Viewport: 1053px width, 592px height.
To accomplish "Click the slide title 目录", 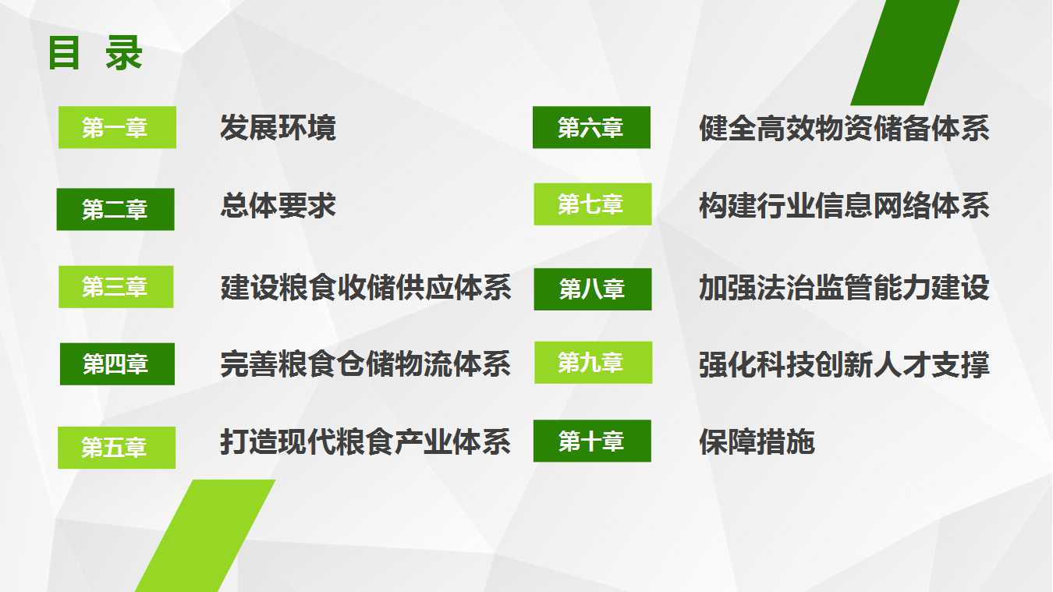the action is [x=95, y=53].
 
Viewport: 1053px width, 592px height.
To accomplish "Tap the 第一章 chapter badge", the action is [x=117, y=127].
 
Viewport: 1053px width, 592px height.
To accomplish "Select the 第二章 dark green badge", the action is [x=115, y=209].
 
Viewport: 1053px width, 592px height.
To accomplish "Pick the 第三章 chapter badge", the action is [x=115, y=287].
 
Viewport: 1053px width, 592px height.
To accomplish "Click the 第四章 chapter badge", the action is [x=117, y=364].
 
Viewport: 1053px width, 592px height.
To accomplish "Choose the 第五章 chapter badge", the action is [x=116, y=448].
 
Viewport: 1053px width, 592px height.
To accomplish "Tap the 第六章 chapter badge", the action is [x=591, y=127].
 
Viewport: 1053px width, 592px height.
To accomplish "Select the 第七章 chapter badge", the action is [x=593, y=204].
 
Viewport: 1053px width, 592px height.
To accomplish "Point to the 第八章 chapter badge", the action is [x=593, y=289].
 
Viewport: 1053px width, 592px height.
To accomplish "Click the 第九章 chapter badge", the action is [x=594, y=363].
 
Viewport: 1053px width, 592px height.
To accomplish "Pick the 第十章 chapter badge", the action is [x=592, y=441].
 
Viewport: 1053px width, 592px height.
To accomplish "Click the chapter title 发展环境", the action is [x=278, y=127].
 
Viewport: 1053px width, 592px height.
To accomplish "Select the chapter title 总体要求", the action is [x=278, y=205].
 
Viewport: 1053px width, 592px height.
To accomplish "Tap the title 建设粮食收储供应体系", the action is [x=366, y=287].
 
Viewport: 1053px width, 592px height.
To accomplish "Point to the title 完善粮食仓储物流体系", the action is [x=366, y=364].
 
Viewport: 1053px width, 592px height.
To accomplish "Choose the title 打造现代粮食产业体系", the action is [x=366, y=441].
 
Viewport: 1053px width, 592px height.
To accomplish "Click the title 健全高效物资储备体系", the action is [x=844, y=128].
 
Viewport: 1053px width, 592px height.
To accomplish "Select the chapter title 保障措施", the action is [x=757, y=441].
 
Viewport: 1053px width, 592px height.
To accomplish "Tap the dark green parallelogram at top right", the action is [x=905, y=52].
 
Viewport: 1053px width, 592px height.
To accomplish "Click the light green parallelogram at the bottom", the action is [x=205, y=536].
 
